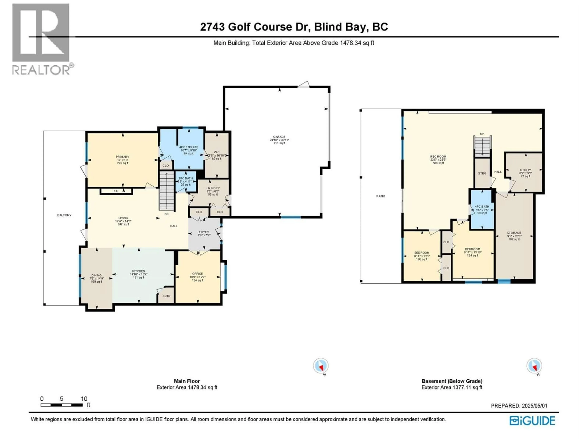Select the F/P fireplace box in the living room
116,191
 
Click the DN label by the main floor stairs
166,214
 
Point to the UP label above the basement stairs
482,134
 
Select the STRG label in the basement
482,173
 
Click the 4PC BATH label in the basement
482,207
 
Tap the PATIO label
381,196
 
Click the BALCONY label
64,215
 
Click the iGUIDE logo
532,421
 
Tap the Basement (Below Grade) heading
452,381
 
